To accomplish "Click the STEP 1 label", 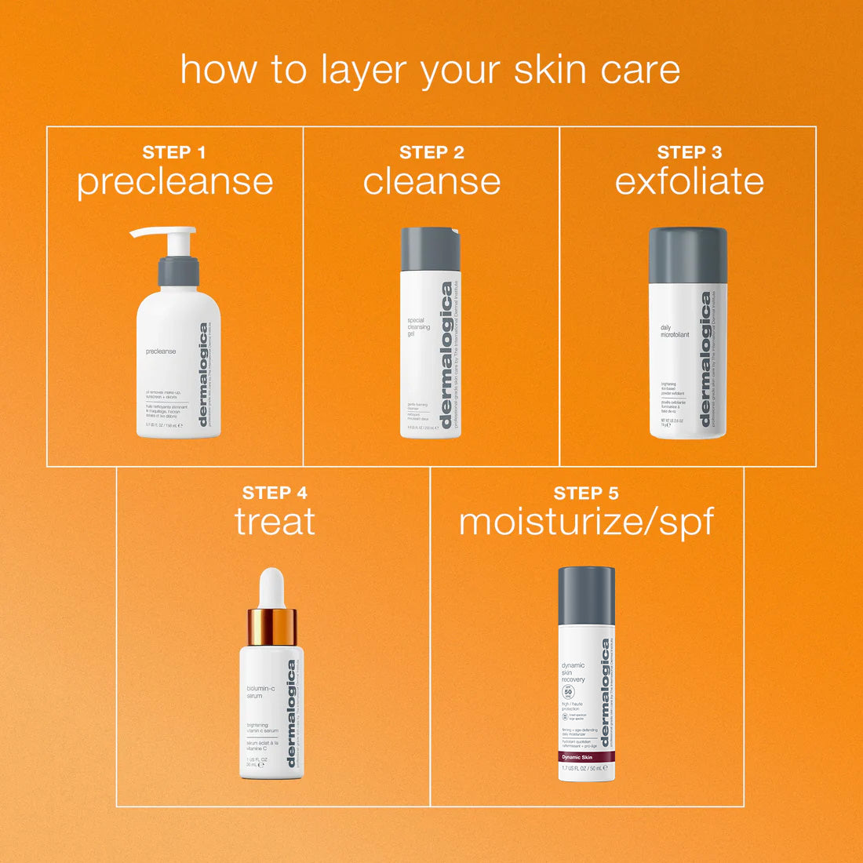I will pyautogui.click(x=173, y=152).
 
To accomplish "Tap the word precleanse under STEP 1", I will pyautogui.click(x=175, y=182).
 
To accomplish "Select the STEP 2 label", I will pyautogui.click(x=431, y=152).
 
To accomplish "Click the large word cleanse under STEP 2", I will pyautogui.click(x=431, y=182).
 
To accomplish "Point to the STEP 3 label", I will pyautogui.click(x=690, y=152).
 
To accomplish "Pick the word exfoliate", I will pyautogui.click(x=690, y=181).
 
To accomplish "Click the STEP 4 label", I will pyautogui.click(x=275, y=493).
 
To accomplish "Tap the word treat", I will pyautogui.click(x=275, y=522).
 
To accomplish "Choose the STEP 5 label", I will pyautogui.click(x=586, y=493).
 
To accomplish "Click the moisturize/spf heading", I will pyautogui.click(x=586, y=523).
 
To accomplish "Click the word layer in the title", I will pyautogui.click(x=366, y=71).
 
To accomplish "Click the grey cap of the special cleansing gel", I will pyautogui.click(x=431, y=249).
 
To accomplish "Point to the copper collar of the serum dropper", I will pyautogui.click(x=271, y=626).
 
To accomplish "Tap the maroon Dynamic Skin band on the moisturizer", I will pyautogui.click(x=586, y=757).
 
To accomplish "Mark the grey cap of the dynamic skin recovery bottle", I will pyautogui.click(x=586, y=595).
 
